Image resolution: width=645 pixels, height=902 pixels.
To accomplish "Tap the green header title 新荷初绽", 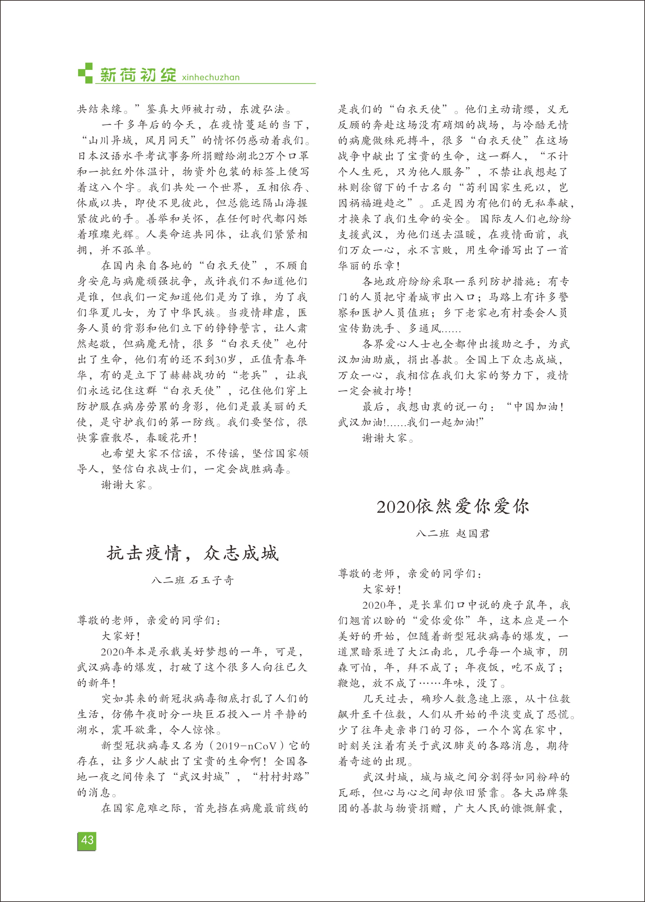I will tap(138, 75).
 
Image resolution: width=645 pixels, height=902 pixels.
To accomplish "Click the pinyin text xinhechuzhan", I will tap(211, 77).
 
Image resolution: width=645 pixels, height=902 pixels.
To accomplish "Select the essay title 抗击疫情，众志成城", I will tap(193, 553).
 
